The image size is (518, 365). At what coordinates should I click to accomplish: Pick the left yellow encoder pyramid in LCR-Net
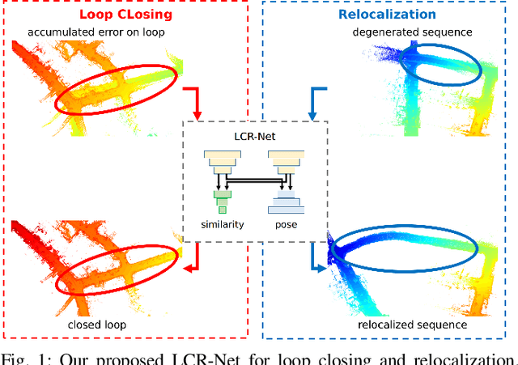point(222,162)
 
